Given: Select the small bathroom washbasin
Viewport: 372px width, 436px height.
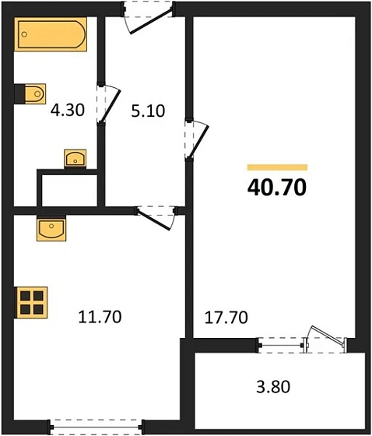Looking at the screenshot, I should coord(75,158).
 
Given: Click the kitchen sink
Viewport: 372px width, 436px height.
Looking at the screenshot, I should coord(51,230).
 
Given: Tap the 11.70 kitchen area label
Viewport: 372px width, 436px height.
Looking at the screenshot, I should coord(100,316).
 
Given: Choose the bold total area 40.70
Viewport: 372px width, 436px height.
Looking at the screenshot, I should coord(278,188).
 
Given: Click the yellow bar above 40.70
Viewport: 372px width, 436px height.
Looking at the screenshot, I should coord(278,167).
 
